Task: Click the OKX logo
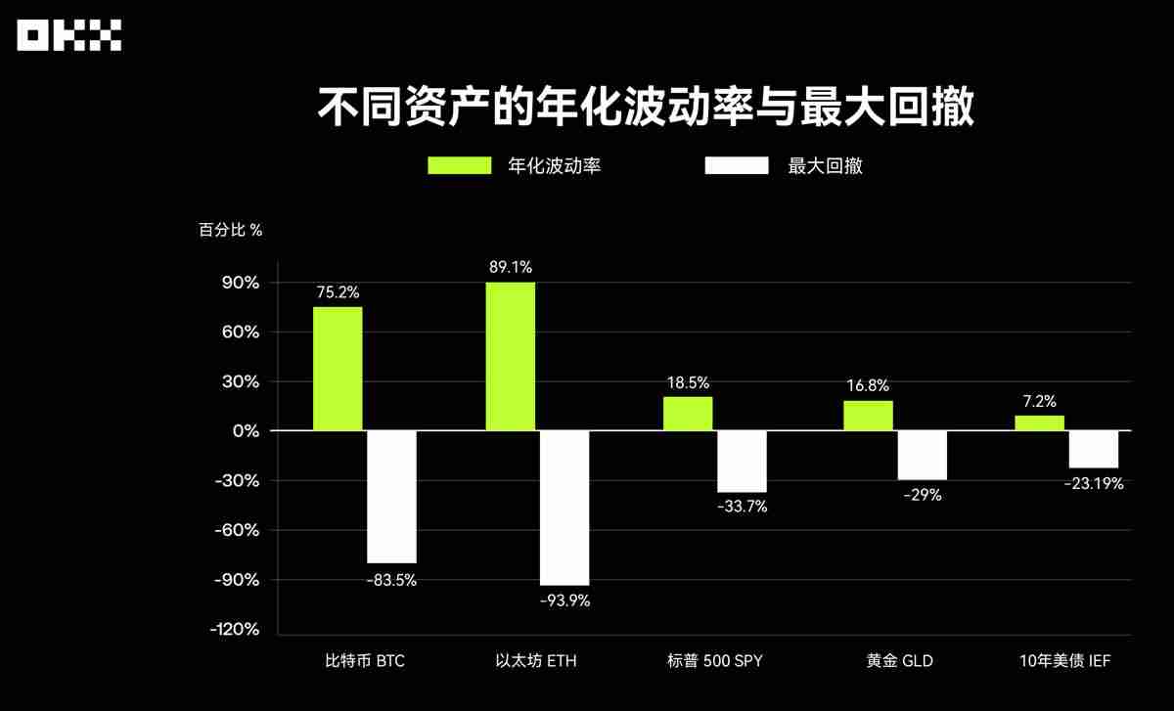(68, 37)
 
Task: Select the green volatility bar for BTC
(338, 369)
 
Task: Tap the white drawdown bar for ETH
(564, 508)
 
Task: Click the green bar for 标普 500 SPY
(688, 413)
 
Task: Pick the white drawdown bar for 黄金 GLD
(923, 455)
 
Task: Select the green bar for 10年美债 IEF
(1039, 422)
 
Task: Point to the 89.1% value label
(511, 266)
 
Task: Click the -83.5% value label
(391, 579)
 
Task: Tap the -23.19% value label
(1095, 483)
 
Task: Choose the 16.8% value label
(868, 385)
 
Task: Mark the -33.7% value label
(743, 507)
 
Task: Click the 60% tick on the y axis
(240, 333)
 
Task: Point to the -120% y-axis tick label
(235, 629)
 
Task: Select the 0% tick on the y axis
(245, 431)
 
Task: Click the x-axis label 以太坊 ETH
(536, 661)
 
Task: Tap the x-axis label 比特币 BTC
(364, 661)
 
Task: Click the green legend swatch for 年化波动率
(460, 165)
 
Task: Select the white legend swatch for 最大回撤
(737, 165)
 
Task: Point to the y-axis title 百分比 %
(231, 231)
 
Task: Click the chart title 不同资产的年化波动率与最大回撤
(646, 107)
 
